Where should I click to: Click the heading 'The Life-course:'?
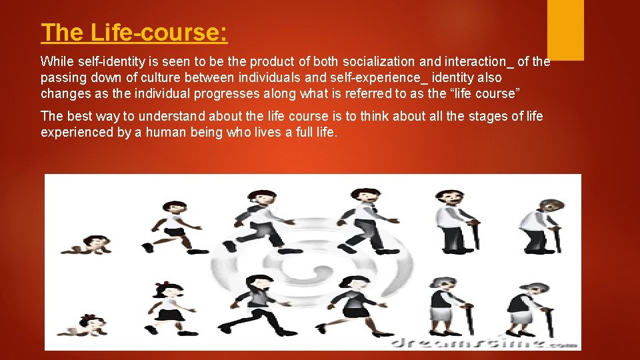(x=134, y=33)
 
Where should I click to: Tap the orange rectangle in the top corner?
(x=565, y=30)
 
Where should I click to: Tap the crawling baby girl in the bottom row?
(x=91, y=325)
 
